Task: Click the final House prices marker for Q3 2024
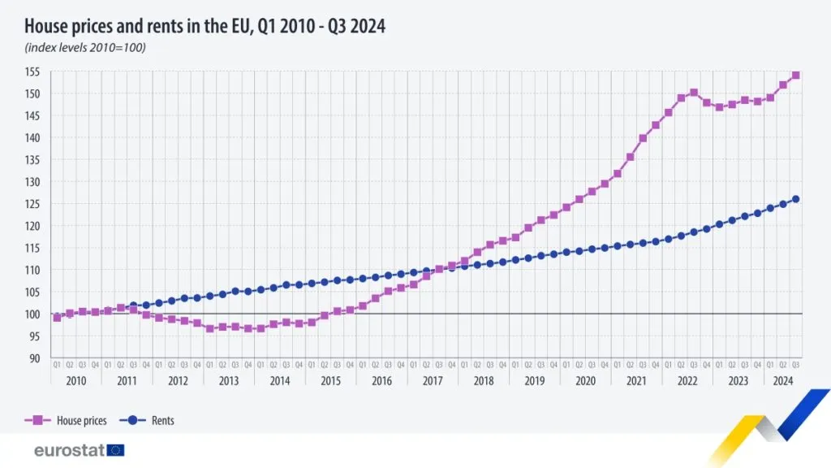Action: (795, 76)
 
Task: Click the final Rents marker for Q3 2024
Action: (795, 199)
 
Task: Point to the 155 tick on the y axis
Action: (37, 71)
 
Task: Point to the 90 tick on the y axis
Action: (37, 357)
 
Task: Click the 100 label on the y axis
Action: (37, 314)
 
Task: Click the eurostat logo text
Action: (69, 450)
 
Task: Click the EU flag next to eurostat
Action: (115, 450)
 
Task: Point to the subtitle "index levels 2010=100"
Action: (86, 48)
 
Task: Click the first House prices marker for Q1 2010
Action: (57, 318)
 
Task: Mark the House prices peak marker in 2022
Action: (694, 93)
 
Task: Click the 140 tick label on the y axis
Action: (37, 138)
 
